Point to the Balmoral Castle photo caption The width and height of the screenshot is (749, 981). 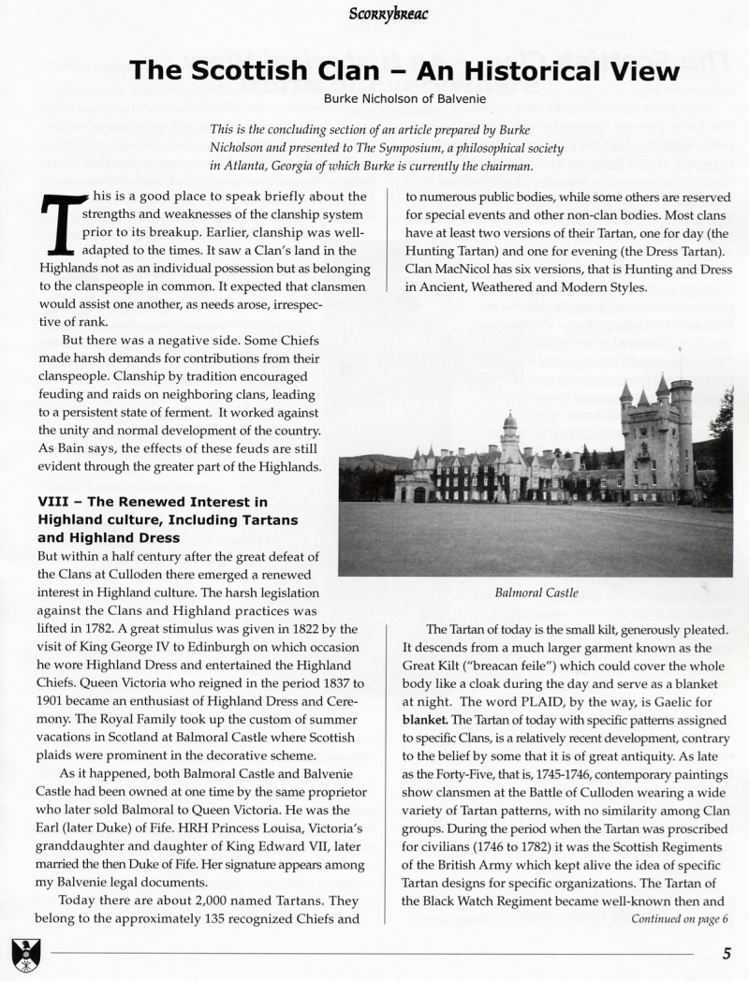(536, 593)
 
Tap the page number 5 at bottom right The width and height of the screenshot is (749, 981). (727, 954)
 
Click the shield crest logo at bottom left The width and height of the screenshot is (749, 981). (22, 954)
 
